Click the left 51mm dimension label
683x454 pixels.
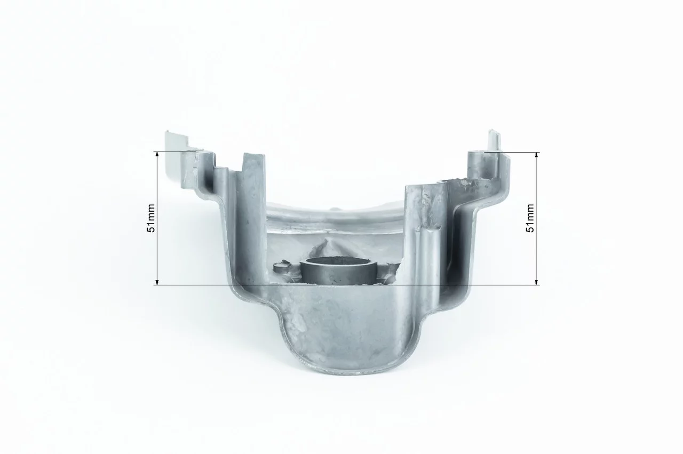point(151,218)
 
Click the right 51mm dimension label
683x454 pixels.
point(530,218)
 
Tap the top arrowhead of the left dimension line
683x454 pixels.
point(157,154)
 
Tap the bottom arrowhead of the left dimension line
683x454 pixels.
point(157,282)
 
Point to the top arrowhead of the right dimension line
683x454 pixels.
point(537,154)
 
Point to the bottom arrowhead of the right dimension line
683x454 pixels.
point(537,282)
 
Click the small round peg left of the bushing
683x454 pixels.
point(281,268)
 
